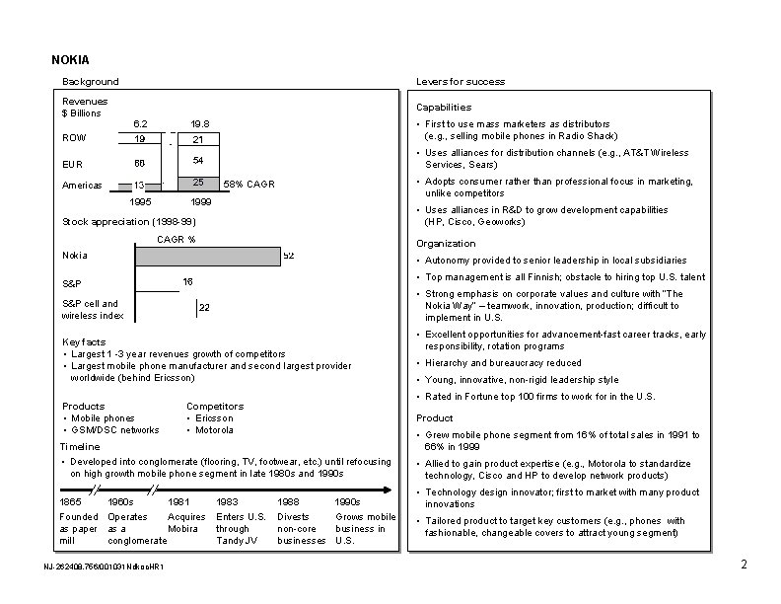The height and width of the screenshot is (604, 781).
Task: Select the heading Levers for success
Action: (x=461, y=81)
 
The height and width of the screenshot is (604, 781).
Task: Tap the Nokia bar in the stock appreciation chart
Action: (x=206, y=256)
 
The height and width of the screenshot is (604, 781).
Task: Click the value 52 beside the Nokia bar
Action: (x=289, y=256)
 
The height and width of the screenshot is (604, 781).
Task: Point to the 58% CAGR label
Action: (x=249, y=185)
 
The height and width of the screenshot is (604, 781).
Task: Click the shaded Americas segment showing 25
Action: (x=197, y=184)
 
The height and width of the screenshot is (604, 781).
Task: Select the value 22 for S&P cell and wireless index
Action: (x=204, y=308)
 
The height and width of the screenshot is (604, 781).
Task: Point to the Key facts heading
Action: (x=84, y=341)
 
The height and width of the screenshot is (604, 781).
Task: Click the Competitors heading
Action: (x=214, y=406)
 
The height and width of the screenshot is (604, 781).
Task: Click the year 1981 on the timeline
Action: (x=179, y=502)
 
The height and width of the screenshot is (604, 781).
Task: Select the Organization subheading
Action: (x=446, y=244)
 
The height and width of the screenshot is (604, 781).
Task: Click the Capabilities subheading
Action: (x=443, y=107)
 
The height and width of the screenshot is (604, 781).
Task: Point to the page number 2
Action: (x=743, y=565)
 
